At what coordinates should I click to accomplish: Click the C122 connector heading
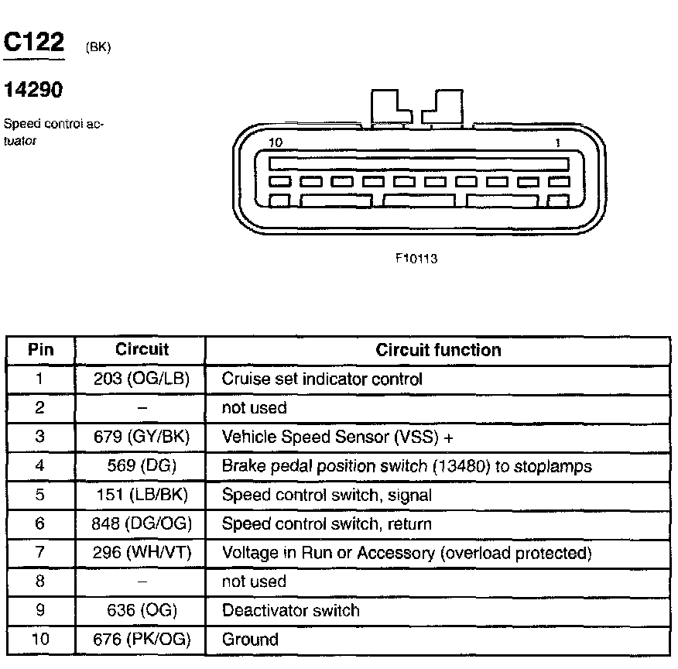click(34, 43)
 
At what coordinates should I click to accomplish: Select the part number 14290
click(33, 91)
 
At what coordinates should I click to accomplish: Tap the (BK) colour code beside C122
click(98, 48)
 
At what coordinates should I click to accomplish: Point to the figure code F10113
click(416, 259)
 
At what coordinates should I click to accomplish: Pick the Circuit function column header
click(438, 350)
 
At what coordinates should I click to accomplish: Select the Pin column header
click(40, 350)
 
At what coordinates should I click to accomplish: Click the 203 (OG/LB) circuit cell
click(141, 379)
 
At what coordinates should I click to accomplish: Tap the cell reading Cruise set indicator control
click(322, 379)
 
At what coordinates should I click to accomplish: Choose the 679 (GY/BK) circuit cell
click(141, 437)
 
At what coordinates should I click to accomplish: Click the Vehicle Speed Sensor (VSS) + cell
click(337, 437)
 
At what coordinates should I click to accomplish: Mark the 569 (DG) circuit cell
click(141, 466)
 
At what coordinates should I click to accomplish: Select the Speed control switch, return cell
click(327, 524)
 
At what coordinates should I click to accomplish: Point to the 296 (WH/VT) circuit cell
click(141, 553)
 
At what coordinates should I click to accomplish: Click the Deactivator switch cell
click(291, 610)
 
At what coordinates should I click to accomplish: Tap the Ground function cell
click(250, 640)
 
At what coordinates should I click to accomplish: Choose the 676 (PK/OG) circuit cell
click(141, 640)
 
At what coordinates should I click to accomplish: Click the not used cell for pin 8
click(254, 582)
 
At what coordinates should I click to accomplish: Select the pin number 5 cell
click(40, 495)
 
